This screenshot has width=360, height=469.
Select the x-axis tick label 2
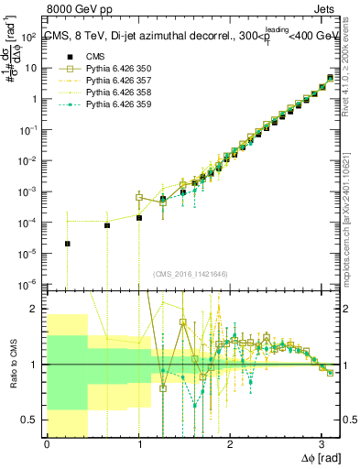pyautogui.click(x=230, y=445)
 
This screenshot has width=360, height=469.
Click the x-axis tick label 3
pyautogui.click(x=322, y=445)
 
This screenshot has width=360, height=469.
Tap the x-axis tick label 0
pyautogui.click(x=47, y=445)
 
